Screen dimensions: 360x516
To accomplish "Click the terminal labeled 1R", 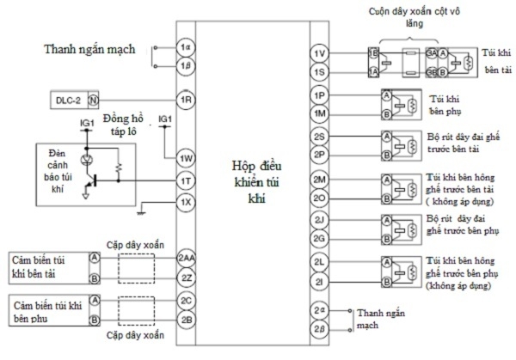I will (184, 100).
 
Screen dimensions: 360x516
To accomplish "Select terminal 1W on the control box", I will (184, 158).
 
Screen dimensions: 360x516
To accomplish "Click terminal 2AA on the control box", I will (186, 259).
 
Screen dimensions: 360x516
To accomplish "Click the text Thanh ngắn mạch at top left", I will (89, 50).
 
